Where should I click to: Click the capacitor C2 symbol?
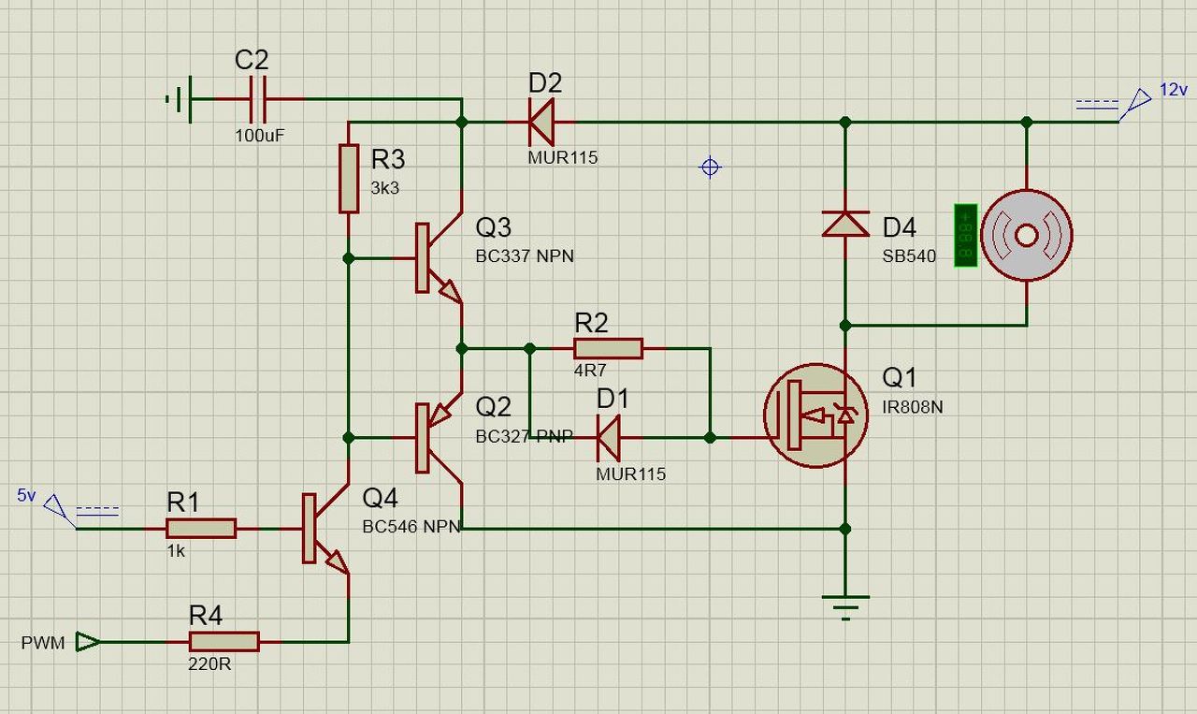(x=257, y=99)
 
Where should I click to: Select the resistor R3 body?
(x=349, y=179)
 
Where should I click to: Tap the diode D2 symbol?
(x=541, y=122)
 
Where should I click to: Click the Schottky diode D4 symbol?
(x=844, y=224)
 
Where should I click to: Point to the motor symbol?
(x=1027, y=235)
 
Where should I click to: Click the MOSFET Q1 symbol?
(x=815, y=415)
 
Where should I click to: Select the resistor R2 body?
(x=608, y=349)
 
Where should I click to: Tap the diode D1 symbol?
(x=609, y=438)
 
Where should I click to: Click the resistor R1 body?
(x=201, y=529)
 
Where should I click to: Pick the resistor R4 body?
(x=224, y=642)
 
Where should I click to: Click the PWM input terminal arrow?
(x=88, y=642)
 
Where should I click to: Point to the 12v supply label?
(x=1174, y=89)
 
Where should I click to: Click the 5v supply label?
(x=26, y=495)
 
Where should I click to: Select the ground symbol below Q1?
(x=845, y=608)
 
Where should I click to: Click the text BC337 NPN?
(x=525, y=256)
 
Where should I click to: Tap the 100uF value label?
(x=259, y=136)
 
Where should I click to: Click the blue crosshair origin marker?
(x=710, y=168)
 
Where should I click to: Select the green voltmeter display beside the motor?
(x=966, y=235)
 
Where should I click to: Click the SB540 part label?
(x=909, y=256)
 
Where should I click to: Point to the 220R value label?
(x=209, y=663)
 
